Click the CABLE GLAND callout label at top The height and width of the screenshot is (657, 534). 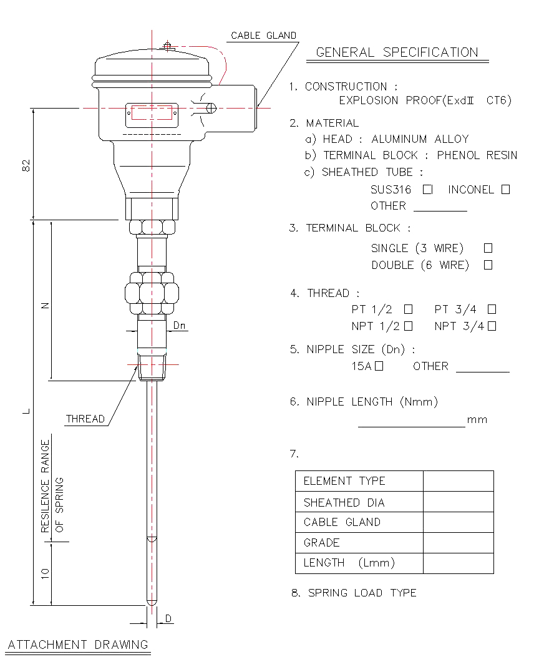click(263, 36)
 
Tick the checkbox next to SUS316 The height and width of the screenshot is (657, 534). click(427, 189)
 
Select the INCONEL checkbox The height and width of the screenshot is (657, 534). click(505, 189)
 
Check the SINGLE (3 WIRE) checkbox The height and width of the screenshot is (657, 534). click(488, 248)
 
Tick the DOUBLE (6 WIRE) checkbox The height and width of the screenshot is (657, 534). click(488, 265)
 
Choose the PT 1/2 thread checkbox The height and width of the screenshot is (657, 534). click(408, 309)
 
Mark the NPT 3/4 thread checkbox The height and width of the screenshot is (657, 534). click(492, 326)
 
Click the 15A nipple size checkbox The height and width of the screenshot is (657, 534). click(379, 366)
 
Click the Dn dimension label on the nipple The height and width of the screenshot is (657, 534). click(180, 325)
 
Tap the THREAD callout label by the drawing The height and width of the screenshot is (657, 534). click(85, 419)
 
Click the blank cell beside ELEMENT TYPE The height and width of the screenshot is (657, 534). click(458, 481)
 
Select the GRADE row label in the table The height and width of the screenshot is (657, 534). click(321, 542)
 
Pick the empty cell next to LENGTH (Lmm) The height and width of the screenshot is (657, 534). click(458, 563)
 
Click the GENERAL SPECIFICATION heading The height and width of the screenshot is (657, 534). click(397, 52)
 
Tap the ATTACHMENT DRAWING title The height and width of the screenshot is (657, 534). click(78, 645)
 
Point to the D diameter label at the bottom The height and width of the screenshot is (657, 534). click(168, 619)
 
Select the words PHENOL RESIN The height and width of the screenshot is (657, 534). click(477, 155)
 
